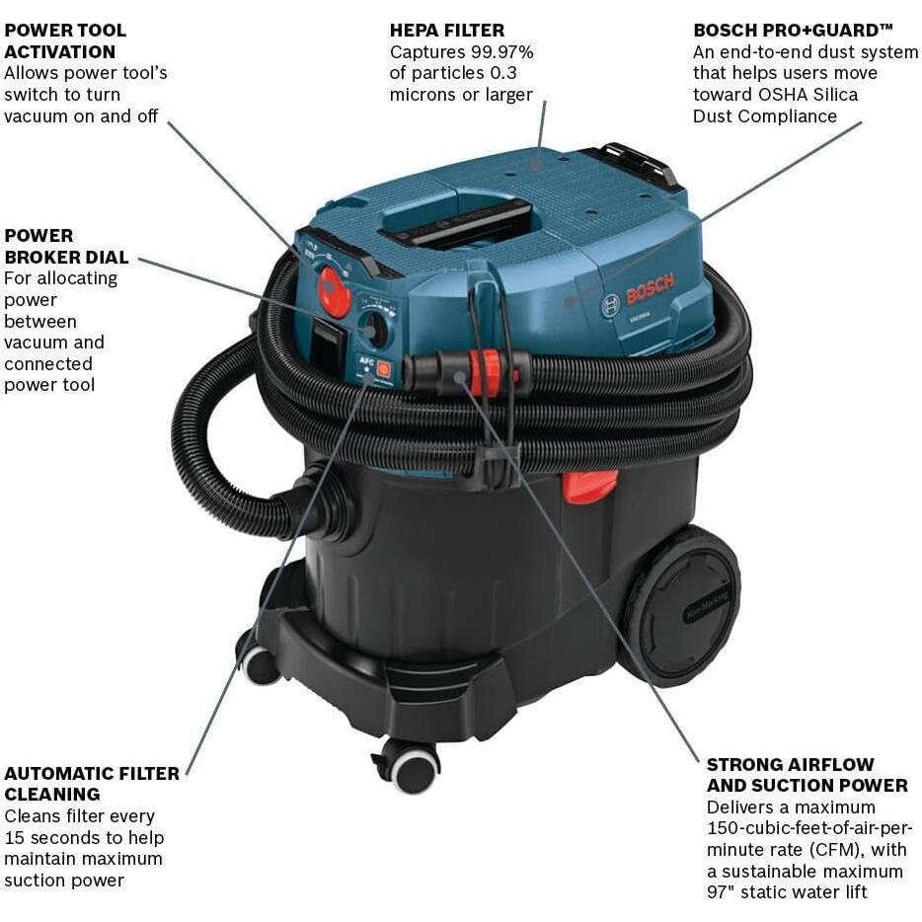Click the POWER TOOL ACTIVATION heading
click(x=65, y=40)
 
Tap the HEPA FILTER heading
click(x=447, y=31)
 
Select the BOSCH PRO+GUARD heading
click(x=786, y=31)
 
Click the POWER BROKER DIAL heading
click(x=66, y=246)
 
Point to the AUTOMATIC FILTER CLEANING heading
click(x=91, y=784)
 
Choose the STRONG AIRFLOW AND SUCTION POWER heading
click(x=807, y=775)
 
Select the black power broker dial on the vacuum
click(x=374, y=328)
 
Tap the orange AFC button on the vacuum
click(x=383, y=369)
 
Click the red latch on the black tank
click(x=590, y=486)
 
